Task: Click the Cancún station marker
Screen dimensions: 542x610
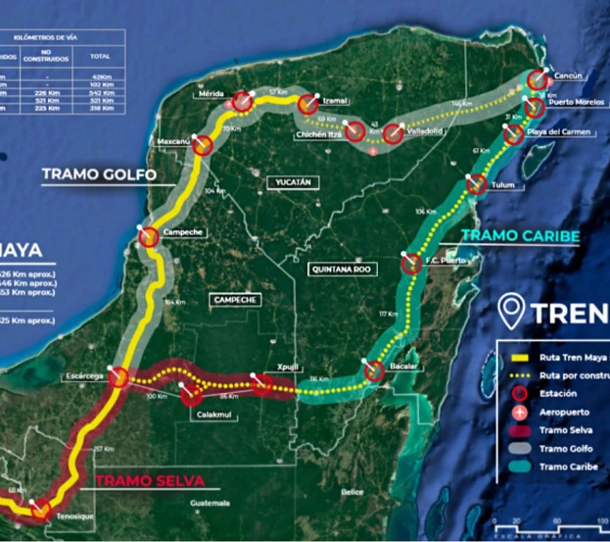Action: pos(538,80)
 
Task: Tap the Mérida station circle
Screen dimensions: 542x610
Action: pos(243,102)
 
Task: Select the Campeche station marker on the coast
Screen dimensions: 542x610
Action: pos(149,237)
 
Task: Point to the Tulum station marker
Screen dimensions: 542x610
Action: pos(477,184)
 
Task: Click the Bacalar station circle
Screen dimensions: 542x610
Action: pos(374,371)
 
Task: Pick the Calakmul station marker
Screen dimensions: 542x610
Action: pos(191,396)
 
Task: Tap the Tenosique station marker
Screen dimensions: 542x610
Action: pos(41,510)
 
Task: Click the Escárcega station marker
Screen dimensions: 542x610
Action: pos(118,378)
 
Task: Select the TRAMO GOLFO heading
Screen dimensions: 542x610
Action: pos(99,175)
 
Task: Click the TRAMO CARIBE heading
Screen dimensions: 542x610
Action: pos(521,236)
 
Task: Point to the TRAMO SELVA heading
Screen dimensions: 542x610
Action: pos(150,481)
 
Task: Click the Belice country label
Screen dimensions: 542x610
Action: pos(353,492)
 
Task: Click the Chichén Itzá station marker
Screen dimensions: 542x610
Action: pos(355,131)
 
